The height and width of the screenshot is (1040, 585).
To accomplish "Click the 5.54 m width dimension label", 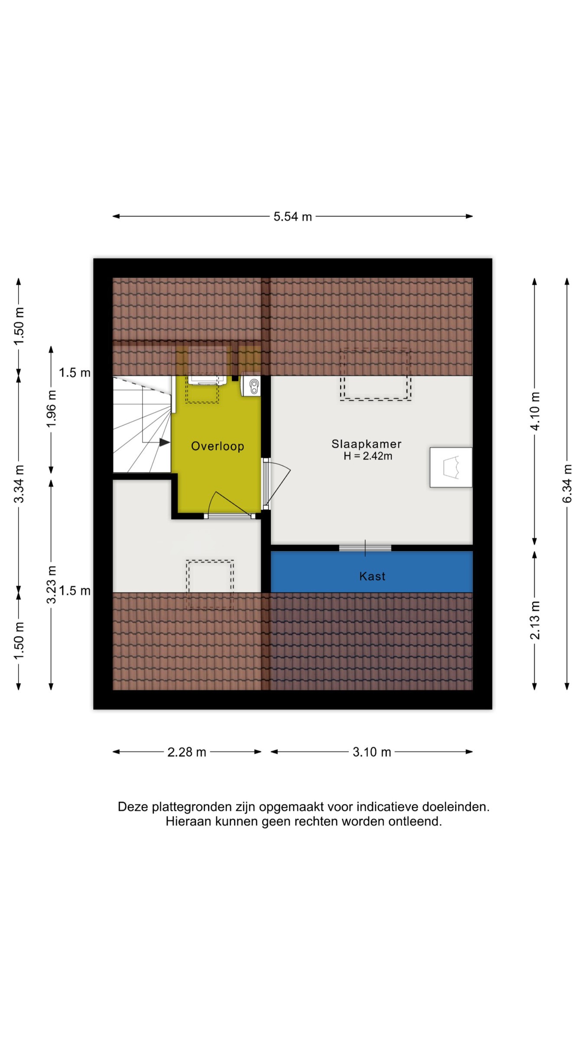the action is [292, 217].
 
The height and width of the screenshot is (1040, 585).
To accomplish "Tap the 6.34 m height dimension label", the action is [567, 484].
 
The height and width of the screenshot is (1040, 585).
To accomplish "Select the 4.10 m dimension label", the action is [535, 411].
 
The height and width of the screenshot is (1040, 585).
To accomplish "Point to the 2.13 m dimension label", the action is [535, 621].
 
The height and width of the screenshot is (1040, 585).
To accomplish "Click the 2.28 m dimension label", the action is [187, 752].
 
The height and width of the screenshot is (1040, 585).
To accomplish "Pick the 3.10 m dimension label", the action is [372, 752].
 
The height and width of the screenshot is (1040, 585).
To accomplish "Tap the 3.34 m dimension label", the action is [19, 484].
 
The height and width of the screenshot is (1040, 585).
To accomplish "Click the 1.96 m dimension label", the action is [51, 409].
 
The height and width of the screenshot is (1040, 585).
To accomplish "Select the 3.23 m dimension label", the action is [51, 585].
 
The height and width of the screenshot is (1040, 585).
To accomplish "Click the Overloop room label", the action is [218, 446].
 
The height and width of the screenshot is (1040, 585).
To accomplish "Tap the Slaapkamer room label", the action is [367, 444].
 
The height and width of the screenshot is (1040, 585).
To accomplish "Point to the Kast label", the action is [372, 576].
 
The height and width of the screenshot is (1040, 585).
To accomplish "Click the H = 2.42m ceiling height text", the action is [368, 456].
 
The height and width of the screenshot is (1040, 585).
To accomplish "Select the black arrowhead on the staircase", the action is [164, 442].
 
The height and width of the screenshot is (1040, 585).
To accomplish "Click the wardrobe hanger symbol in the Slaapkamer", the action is [451, 467].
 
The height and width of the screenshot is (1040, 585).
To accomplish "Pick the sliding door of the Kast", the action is [365, 548].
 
